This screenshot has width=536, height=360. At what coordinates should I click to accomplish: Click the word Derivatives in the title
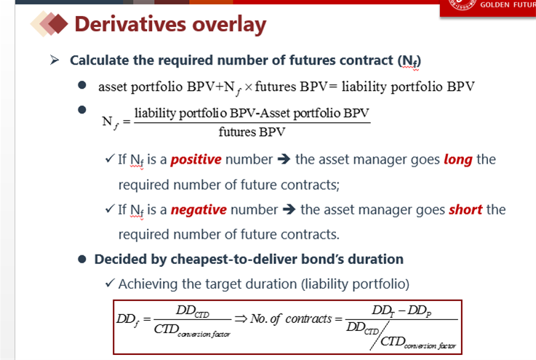pos(130,24)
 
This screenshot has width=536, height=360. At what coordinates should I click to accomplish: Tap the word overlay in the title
pos(229,25)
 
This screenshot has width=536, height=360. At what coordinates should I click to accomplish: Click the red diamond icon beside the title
pos(57,23)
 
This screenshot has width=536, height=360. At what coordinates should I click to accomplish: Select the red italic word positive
pos(196,160)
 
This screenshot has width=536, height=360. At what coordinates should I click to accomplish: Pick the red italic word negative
pos(199,209)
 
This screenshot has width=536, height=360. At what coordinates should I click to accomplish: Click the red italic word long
pos(458,160)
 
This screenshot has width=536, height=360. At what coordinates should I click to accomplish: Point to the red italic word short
pos(465,209)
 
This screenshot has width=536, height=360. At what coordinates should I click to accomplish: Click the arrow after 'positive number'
pos(284,159)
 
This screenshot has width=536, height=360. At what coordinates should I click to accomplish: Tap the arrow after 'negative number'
pos(289,209)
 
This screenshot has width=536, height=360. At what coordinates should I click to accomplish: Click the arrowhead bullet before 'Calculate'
pos(55,60)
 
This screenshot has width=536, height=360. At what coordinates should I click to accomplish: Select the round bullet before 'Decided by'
pos(82,259)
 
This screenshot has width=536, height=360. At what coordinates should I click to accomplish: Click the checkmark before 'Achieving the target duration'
pos(110,283)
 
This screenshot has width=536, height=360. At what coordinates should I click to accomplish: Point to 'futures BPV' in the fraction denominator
pos(252,132)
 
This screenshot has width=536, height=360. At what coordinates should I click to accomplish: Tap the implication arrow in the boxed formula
pos(241,319)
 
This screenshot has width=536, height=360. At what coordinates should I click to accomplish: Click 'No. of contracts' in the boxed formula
pos(291,319)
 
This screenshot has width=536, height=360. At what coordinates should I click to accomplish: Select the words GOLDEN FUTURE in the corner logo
pos(508,5)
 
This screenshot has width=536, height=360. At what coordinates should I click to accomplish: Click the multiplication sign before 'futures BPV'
pos(249,87)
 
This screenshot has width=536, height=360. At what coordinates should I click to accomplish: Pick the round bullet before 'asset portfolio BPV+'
pos(82,85)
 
